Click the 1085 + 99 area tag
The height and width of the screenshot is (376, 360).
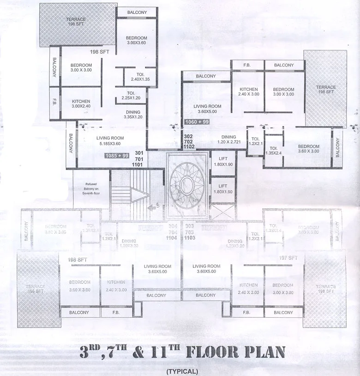pos(117,156)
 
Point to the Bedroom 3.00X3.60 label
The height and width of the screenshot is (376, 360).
pos(136,41)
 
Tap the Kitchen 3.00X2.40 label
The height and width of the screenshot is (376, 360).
pos(81,104)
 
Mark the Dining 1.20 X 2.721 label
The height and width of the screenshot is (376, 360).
pos(228,139)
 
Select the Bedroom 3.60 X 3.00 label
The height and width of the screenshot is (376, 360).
pos(309,149)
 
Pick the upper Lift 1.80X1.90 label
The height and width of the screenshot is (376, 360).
pos(223,162)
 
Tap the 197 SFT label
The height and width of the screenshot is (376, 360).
pos(288,258)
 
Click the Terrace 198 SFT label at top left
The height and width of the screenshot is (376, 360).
pos(76,22)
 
